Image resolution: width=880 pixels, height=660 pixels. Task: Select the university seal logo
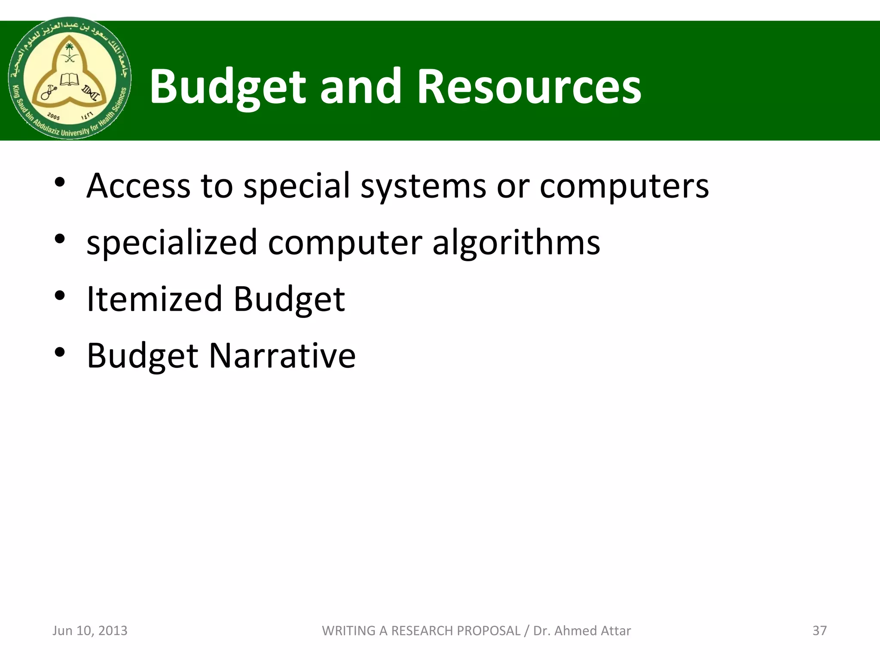coord(70,78)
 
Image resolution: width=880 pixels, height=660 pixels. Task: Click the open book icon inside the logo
coord(69,79)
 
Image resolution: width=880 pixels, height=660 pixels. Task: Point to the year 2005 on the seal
coord(54,116)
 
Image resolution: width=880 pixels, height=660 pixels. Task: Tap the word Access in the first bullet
coord(138,186)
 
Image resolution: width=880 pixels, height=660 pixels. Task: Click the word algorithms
coord(516,242)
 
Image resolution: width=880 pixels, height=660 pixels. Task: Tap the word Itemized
coord(154,299)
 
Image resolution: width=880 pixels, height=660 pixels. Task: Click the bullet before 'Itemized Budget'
coord(60,296)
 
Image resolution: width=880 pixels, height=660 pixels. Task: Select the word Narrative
coord(282,356)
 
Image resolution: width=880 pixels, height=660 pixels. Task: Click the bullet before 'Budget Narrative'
coord(60,352)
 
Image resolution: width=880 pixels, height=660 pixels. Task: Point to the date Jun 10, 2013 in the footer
coord(90,630)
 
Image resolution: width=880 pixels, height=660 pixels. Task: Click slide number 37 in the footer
coord(819,630)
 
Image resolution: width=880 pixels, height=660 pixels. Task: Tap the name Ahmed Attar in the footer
coord(593,630)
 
